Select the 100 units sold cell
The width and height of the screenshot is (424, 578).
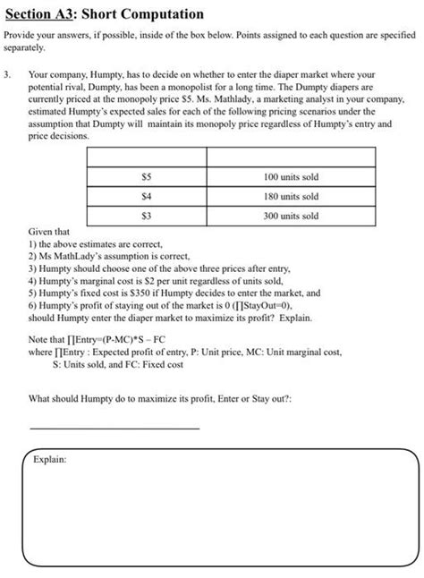pyautogui.click(x=292, y=176)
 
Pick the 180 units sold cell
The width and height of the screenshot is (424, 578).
pyautogui.click(x=292, y=196)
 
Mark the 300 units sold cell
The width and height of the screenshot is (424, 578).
pyautogui.click(x=292, y=216)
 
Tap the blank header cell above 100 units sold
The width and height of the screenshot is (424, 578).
pyautogui.click(x=292, y=157)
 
